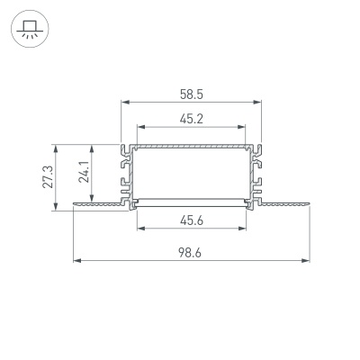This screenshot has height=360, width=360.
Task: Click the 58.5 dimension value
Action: pos(190,92)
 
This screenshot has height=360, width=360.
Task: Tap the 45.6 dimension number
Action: pos(190,219)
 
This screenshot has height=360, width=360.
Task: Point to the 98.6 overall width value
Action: pos(190,253)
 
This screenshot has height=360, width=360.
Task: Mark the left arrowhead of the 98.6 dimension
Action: pos(76,262)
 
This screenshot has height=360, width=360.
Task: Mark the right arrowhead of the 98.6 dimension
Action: pos(305,262)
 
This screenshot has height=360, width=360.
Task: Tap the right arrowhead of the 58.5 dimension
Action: pos(256,102)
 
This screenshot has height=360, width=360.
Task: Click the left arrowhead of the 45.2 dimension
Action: pos(139,125)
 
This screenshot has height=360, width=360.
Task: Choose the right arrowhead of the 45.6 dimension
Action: pos(242,228)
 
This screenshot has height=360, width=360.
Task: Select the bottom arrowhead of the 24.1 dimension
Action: pos(92,201)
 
